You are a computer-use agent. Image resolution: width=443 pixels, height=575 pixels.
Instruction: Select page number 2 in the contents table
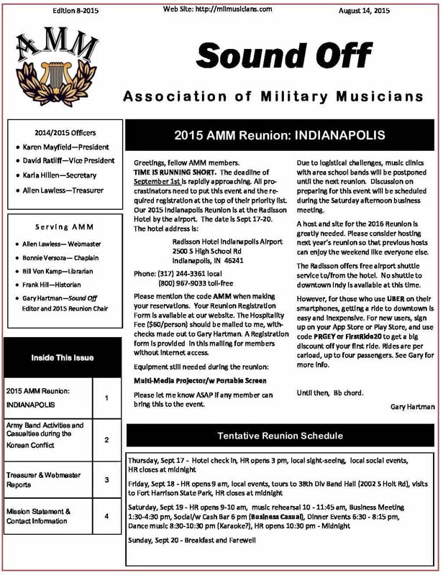[106, 439]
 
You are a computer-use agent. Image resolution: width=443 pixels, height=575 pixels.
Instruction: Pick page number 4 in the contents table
[106, 516]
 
